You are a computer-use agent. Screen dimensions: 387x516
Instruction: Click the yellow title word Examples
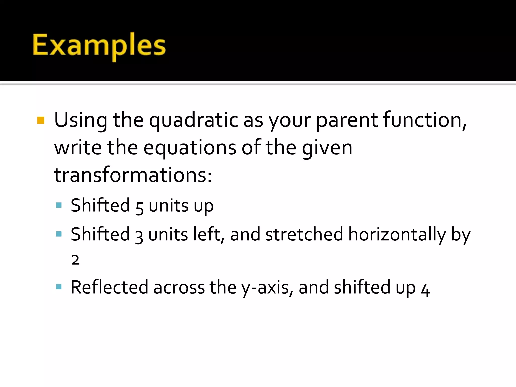pyautogui.click(x=99, y=45)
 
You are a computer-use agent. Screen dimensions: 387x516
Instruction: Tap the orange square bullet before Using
pyautogui.click(x=41, y=120)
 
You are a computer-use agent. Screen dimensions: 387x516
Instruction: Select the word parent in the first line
pyautogui.click(x=347, y=120)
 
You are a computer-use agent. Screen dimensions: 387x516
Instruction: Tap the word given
pyautogui.click(x=327, y=148)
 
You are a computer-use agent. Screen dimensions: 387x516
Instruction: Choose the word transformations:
pyautogui.click(x=133, y=175)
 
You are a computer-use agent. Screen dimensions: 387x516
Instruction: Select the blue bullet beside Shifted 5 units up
pyautogui.click(x=59, y=205)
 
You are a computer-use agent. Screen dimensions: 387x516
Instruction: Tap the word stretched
pyautogui.click(x=304, y=234)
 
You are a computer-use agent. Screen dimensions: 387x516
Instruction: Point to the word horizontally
pyautogui.click(x=397, y=235)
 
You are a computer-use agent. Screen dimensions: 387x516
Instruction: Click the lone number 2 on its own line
pyautogui.click(x=75, y=260)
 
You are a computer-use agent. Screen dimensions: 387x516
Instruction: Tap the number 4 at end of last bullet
pyautogui.click(x=425, y=290)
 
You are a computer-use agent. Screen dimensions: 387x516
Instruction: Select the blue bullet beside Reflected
pyautogui.click(x=59, y=287)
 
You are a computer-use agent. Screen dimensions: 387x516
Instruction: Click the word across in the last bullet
pyautogui.click(x=179, y=288)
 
